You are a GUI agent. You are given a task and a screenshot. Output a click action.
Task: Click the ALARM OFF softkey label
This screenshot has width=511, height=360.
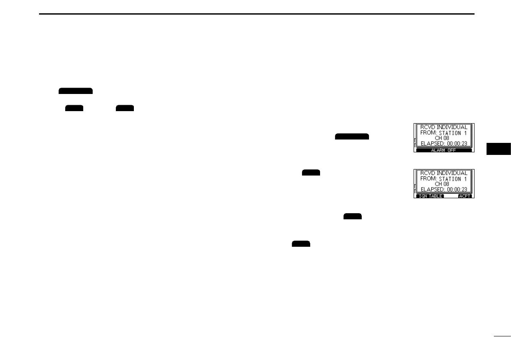tap(444, 151)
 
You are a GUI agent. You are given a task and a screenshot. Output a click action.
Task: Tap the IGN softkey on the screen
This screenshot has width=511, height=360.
tap(422, 196)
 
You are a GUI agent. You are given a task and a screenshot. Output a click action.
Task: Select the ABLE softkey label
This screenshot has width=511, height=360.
tap(437, 196)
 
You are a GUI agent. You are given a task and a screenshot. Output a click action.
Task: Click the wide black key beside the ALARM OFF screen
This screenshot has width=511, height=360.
tap(352, 136)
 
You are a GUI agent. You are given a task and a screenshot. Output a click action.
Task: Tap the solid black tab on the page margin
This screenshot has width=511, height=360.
tap(499, 148)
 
